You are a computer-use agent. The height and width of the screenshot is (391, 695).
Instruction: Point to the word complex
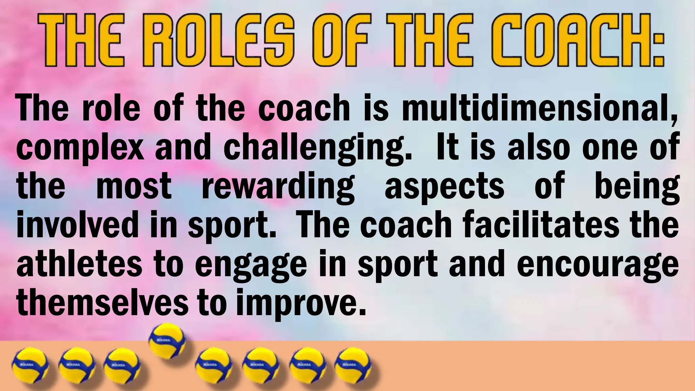pos(80,148)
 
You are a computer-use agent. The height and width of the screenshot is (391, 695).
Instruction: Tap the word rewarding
pos(278,187)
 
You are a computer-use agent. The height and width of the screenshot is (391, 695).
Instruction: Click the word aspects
pos(444,186)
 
